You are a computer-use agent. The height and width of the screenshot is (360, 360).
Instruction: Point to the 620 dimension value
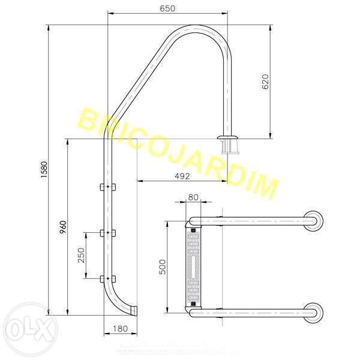coord(266,82)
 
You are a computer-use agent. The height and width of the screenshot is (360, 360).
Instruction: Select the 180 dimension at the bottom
coord(121,329)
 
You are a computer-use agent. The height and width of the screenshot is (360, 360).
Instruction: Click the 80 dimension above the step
coord(193,197)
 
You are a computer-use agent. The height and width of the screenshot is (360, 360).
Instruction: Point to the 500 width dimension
coord(162,267)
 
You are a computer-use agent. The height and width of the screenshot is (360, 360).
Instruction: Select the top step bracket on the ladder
coord(108,187)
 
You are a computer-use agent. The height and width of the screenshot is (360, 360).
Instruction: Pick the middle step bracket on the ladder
coord(108,232)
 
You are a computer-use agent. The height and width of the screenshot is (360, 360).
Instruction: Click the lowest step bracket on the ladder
coord(108,278)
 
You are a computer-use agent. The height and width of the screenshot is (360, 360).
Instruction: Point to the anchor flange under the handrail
coord(229,145)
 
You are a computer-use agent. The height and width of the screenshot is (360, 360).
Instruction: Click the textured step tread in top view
coord(193,266)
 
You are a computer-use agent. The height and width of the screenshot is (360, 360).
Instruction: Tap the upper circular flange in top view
coord(314,221)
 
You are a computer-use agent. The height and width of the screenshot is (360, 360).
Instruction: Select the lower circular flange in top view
coord(314,312)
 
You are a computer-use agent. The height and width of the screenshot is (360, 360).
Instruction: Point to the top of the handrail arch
coord(198,28)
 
